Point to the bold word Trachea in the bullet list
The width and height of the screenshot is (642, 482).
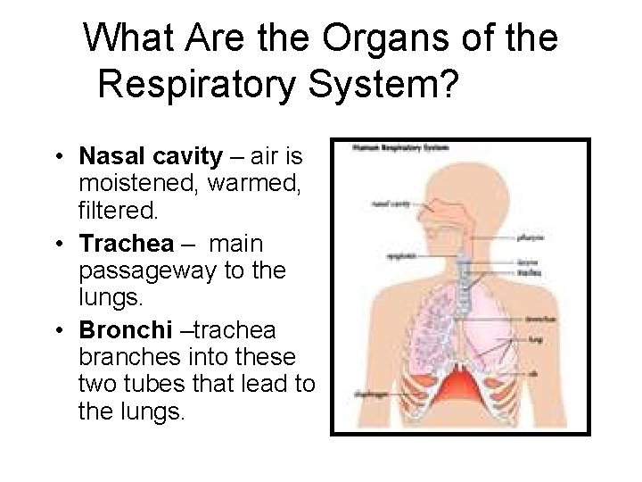coord(116,243)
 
